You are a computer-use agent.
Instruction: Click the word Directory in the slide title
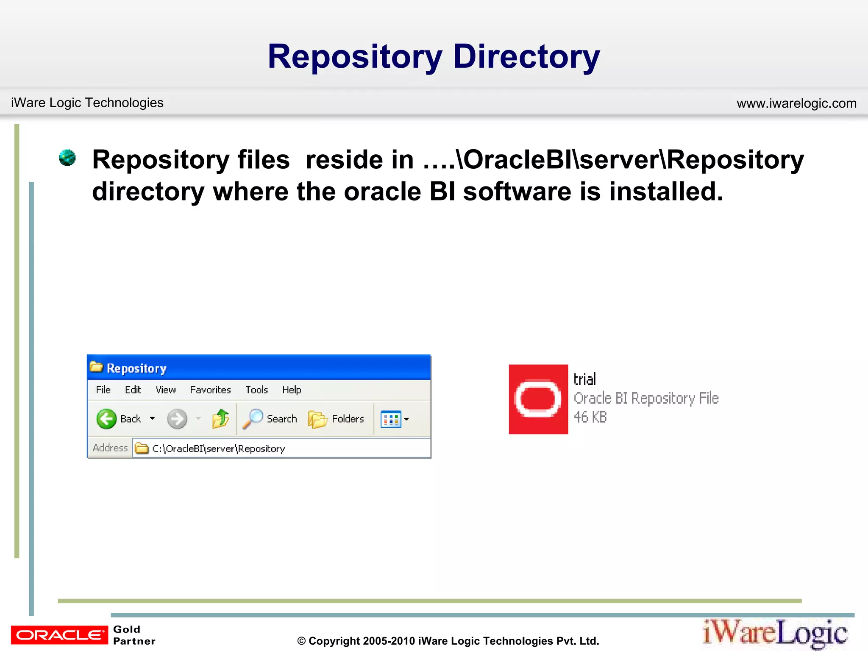(x=526, y=57)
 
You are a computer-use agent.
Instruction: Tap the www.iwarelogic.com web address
(x=796, y=103)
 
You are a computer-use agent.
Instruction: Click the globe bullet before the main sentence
(x=67, y=158)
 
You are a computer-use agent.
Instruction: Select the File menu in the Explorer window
(x=103, y=390)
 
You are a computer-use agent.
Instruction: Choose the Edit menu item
(x=133, y=390)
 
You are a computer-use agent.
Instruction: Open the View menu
(x=166, y=390)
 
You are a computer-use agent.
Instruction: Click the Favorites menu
(x=210, y=390)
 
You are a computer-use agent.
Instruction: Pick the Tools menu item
(x=256, y=390)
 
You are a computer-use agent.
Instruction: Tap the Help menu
(x=292, y=390)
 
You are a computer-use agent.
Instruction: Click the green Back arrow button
(x=106, y=419)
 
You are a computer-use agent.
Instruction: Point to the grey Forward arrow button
(x=177, y=419)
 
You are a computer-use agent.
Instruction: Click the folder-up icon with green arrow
(x=220, y=419)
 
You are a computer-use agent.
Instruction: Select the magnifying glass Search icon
(x=253, y=419)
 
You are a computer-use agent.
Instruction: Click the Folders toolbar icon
(x=318, y=419)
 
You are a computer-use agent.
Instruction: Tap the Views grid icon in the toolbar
(x=390, y=419)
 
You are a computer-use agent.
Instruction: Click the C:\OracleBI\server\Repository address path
(x=218, y=448)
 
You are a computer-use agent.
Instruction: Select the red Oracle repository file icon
(x=538, y=399)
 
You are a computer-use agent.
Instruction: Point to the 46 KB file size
(x=590, y=417)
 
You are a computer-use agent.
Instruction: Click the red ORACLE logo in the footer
(x=59, y=635)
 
